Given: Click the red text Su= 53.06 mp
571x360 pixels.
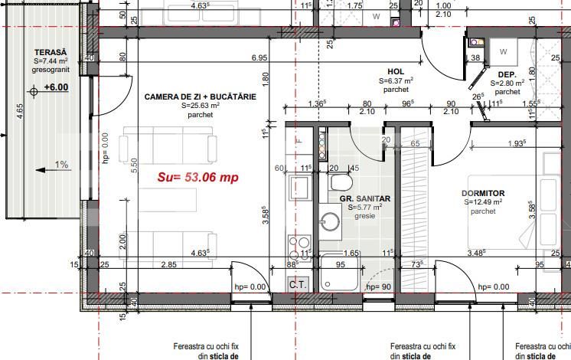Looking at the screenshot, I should point(198,177).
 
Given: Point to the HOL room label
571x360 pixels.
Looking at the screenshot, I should point(396,70).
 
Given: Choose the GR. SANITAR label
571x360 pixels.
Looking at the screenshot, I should point(365,198).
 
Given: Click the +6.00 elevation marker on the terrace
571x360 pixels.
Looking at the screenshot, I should point(55,87).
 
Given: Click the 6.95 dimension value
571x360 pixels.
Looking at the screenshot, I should point(259,58).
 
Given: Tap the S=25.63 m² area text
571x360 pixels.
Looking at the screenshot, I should point(199,106).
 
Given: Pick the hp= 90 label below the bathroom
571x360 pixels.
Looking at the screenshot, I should point(380,286).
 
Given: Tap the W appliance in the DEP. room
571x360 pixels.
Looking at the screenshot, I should point(503,51).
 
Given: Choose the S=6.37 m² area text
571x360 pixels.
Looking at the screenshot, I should point(396,80).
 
